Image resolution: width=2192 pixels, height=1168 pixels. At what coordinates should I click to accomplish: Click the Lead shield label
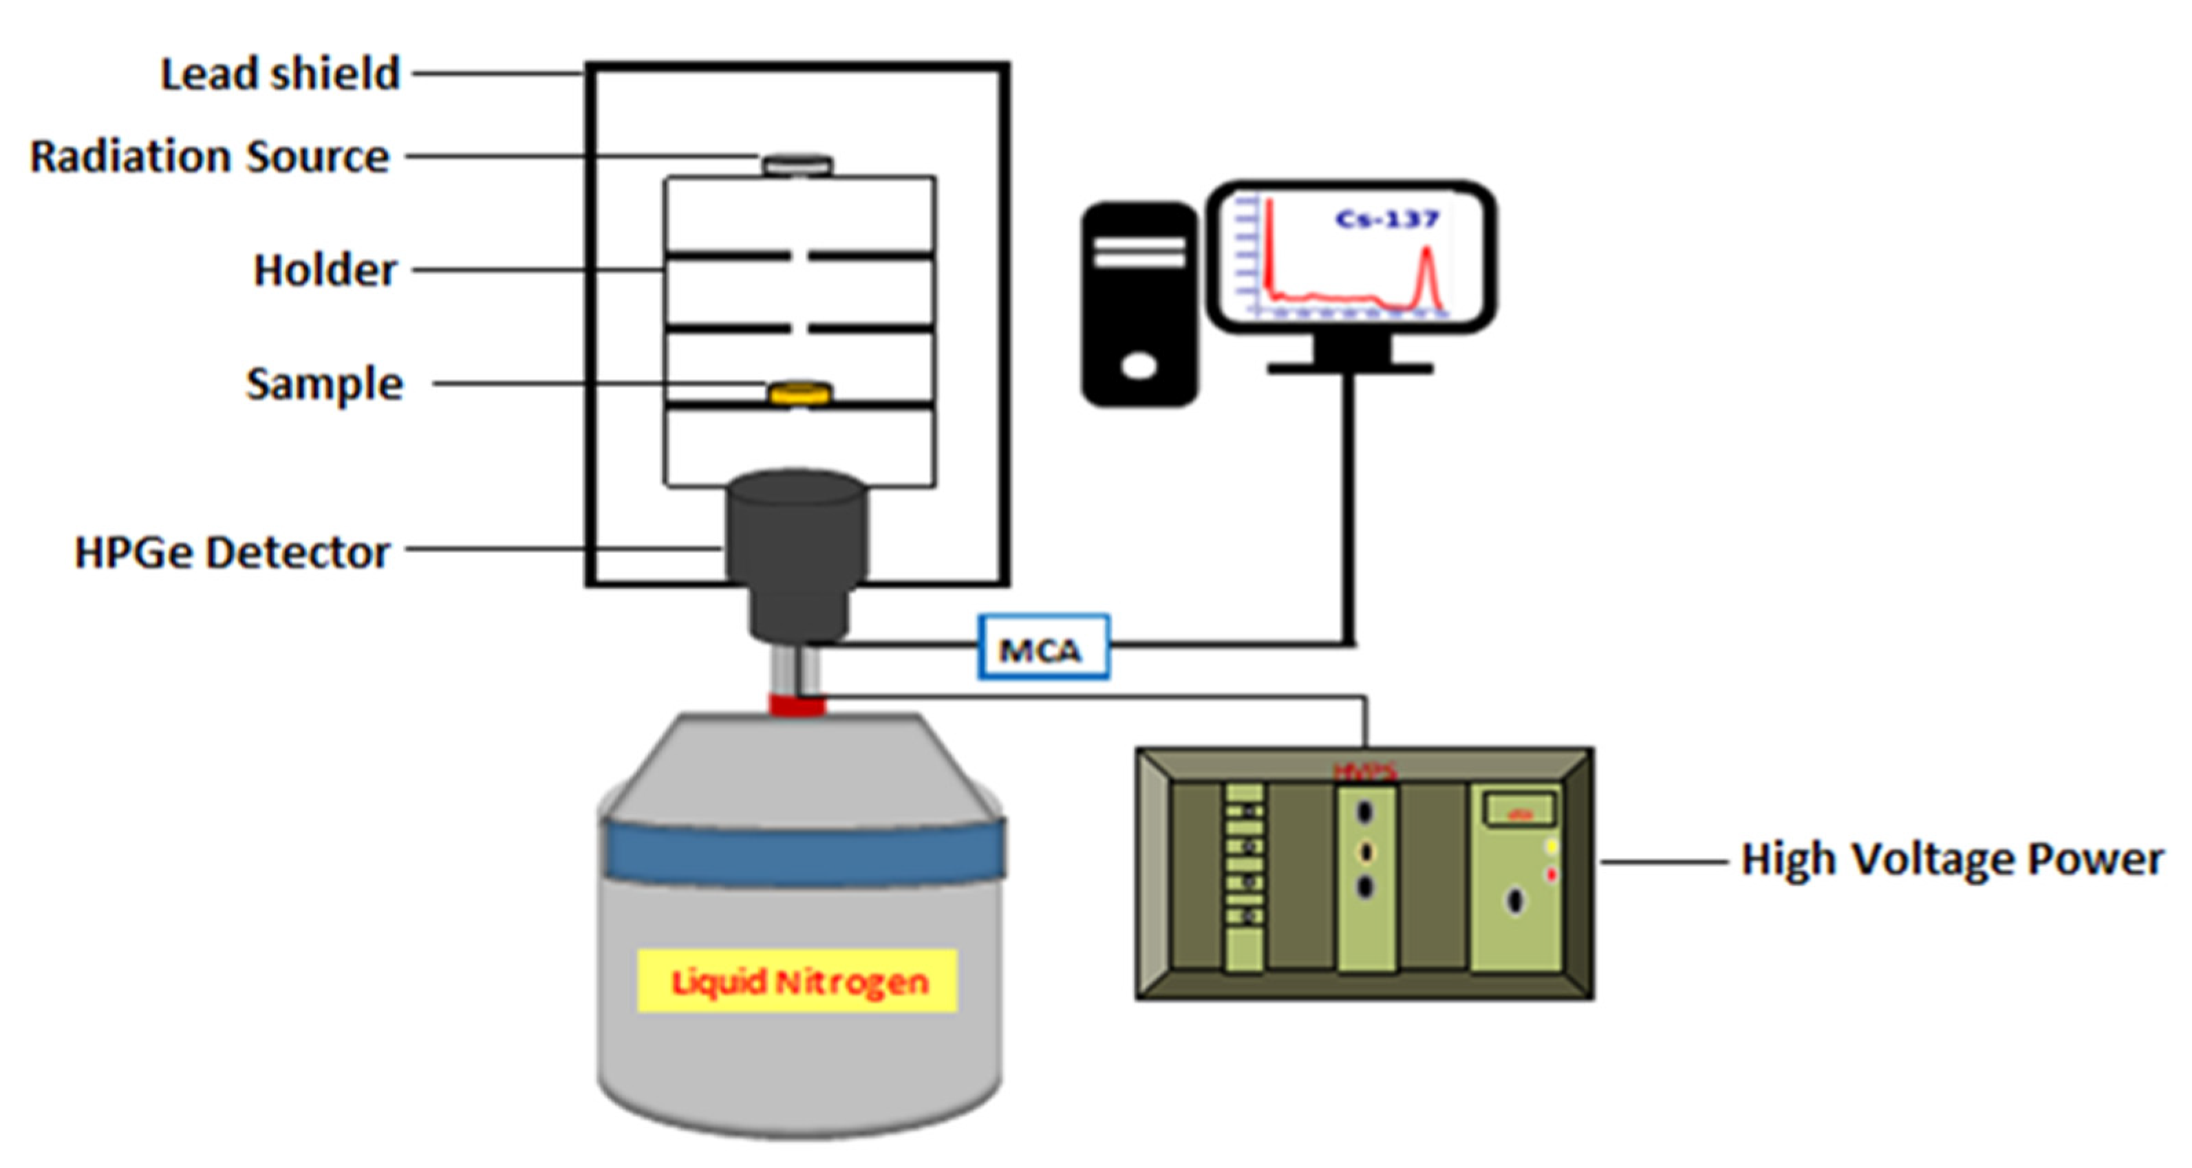click(280, 74)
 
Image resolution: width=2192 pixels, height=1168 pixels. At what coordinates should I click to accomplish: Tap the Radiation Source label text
click(209, 157)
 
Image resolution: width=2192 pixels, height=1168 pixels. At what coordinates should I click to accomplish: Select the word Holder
click(325, 270)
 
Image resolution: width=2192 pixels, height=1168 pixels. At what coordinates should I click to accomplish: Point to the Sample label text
click(324, 384)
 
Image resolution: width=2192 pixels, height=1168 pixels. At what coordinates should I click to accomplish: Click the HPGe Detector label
click(233, 552)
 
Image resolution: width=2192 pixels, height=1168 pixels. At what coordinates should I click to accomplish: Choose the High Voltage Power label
click(1952, 859)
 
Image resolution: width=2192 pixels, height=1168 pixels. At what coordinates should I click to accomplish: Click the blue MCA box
click(1043, 648)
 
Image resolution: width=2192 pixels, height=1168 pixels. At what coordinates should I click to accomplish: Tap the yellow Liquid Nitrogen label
click(797, 982)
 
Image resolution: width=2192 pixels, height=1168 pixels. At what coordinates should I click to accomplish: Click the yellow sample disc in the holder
click(800, 393)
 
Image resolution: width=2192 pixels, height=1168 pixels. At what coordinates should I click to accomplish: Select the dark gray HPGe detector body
click(797, 536)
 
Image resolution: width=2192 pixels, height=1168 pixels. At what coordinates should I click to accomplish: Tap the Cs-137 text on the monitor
click(1386, 219)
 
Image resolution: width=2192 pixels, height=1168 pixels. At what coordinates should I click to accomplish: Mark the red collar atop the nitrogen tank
click(797, 704)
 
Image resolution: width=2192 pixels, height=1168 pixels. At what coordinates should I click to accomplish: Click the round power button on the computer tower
click(1139, 367)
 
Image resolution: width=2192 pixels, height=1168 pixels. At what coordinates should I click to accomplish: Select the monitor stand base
click(1351, 367)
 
